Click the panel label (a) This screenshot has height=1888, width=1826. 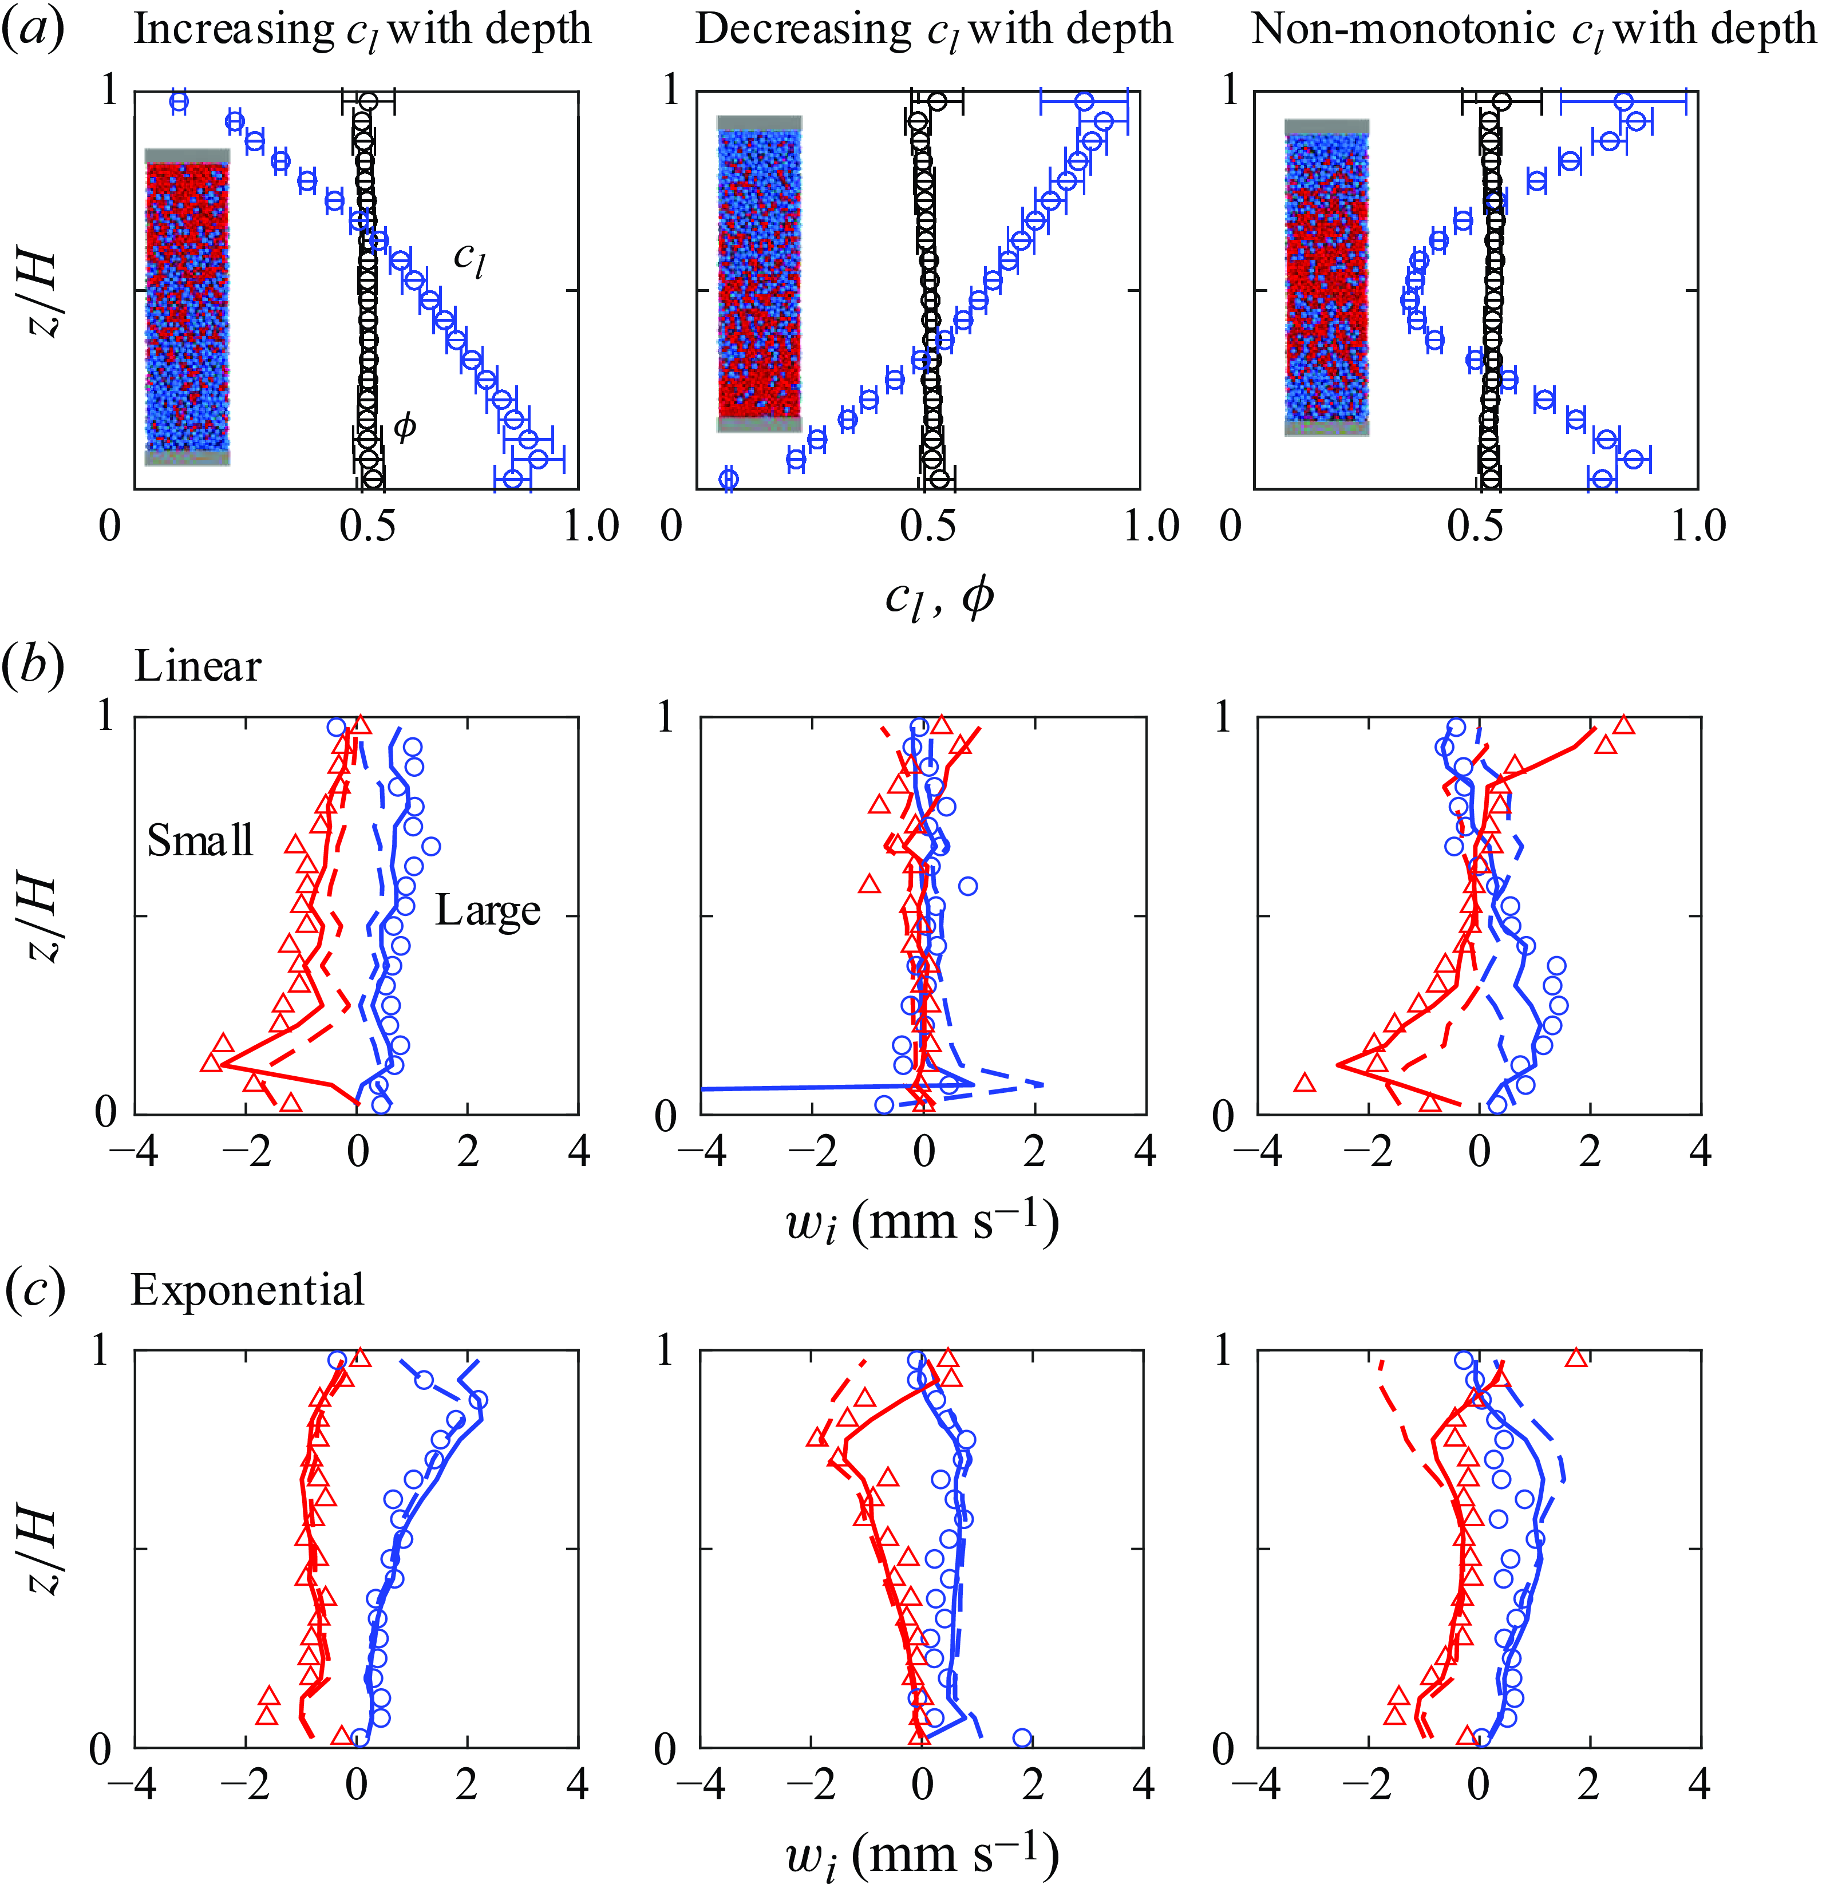[35, 29]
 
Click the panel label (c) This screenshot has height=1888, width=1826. [35, 1289]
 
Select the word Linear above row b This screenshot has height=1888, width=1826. [197, 666]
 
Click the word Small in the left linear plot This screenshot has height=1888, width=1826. [199, 841]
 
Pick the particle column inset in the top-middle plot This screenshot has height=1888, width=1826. [759, 274]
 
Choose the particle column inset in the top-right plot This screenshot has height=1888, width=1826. [1327, 278]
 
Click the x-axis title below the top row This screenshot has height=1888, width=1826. [939, 599]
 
